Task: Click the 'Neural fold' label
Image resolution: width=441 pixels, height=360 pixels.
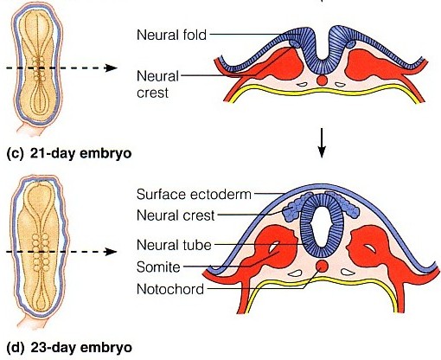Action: (x=171, y=35)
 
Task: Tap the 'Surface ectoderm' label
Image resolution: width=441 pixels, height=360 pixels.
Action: (x=194, y=194)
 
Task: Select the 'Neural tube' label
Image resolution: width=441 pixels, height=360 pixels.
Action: (x=174, y=245)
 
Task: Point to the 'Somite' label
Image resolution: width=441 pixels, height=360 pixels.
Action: (x=158, y=267)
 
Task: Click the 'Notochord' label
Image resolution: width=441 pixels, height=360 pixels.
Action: (x=170, y=289)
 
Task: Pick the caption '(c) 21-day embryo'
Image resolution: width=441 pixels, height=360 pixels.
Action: (x=69, y=153)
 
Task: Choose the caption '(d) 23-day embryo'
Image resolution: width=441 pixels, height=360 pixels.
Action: (x=69, y=347)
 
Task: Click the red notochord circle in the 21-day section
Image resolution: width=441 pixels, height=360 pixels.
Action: (x=322, y=80)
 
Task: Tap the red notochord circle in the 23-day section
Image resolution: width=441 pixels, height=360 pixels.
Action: (x=322, y=266)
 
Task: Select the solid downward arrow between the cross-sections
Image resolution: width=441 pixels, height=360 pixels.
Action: (x=322, y=143)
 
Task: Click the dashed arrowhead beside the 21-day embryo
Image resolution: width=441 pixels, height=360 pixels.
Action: (x=112, y=68)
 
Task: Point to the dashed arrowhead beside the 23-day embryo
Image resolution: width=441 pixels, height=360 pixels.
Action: (x=112, y=252)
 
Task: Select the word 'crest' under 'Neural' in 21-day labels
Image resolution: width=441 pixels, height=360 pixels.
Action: (x=152, y=93)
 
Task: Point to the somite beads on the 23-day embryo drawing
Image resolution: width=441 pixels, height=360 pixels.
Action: (x=41, y=252)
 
